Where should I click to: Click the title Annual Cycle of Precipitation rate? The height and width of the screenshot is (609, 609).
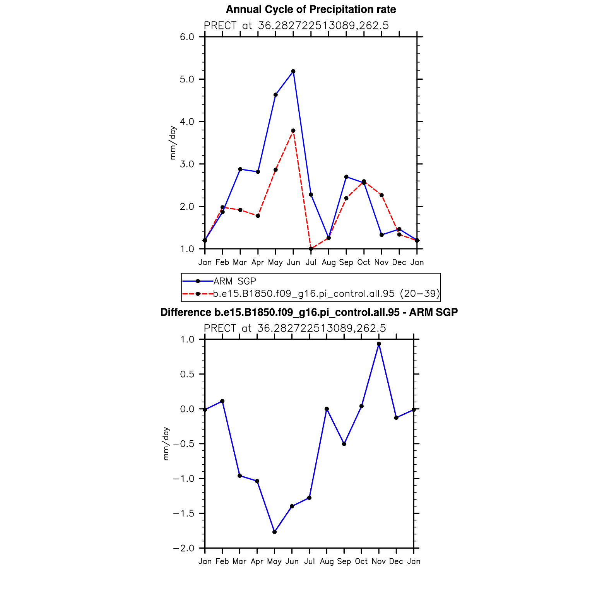311,9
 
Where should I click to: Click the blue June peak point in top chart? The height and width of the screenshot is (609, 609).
293,71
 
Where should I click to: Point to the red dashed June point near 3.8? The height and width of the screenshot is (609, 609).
293,131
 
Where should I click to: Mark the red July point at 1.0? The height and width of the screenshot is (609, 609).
311,249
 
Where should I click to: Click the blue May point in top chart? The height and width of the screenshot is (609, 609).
275,95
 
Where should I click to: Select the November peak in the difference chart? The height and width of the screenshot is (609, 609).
379,344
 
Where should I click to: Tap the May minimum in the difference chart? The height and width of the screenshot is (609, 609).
274,532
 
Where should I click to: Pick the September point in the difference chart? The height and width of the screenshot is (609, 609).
344,444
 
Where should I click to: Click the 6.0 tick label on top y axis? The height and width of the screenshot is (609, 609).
187,37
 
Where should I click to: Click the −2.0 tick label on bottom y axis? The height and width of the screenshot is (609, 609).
184,548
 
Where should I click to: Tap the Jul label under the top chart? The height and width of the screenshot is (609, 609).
311,262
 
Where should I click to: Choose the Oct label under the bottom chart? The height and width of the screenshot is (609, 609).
361,561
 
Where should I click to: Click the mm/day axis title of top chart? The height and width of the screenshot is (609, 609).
173,143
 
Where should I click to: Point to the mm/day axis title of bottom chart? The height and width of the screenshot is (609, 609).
166,444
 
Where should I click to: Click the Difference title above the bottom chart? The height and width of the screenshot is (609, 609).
309,312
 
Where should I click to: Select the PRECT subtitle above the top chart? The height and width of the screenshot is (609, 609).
296,26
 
